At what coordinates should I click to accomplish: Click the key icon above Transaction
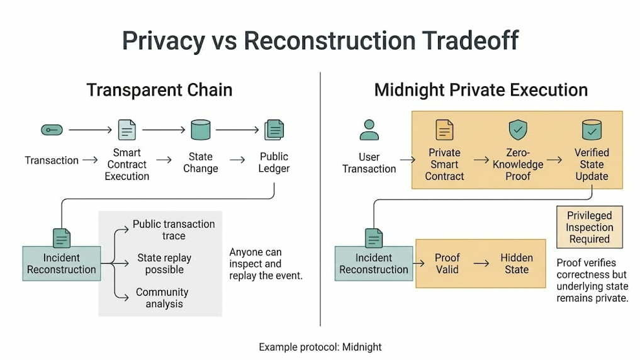[52, 130]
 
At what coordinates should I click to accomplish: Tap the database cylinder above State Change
[200, 130]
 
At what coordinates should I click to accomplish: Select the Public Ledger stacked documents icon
[274, 130]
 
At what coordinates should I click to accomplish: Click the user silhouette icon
[369, 130]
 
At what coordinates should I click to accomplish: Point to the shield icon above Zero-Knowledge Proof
[518, 130]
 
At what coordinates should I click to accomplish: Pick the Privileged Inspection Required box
[589, 227]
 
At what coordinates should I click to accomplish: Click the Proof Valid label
[447, 264]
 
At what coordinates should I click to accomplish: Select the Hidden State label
[517, 264]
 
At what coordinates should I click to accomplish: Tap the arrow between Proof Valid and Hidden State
[482, 264]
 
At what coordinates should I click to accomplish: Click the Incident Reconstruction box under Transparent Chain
[61, 264]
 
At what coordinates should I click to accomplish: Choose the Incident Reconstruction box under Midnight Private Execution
[374, 264]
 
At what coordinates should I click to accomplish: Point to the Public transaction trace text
[174, 230]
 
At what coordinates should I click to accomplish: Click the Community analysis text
[162, 298]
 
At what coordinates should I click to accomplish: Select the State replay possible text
[164, 264]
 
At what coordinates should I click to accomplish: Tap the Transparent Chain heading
[159, 90]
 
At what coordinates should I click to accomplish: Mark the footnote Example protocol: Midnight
[320, 347]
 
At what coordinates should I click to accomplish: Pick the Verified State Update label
[592, 164]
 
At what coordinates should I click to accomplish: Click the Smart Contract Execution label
[126, 164]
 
